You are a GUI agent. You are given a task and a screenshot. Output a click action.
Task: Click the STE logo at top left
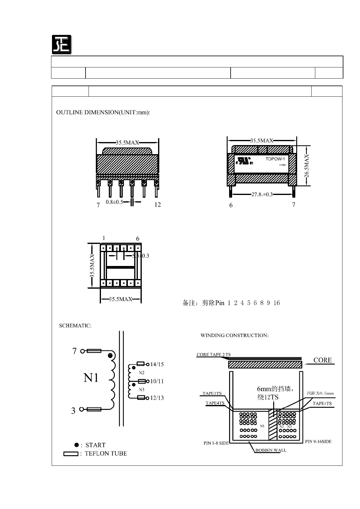[x=61, y=44]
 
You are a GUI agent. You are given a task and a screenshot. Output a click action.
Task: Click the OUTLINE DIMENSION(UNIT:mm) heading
[x=103, y=112]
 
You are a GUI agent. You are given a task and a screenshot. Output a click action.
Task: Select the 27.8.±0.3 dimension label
[x=262, y=194]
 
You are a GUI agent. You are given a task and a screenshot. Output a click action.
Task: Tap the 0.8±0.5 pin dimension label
[x=114, y=202]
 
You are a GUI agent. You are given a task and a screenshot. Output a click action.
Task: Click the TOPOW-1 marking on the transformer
[x=275, y=159]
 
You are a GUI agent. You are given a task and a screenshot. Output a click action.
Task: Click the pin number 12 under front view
[x=157, y=205]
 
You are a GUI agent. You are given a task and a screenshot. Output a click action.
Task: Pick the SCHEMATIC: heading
[x=75, y=326]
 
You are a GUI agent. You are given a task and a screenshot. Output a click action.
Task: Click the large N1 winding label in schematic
[x=91, y=378]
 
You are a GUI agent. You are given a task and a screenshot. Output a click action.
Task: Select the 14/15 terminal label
[x=157, y=364]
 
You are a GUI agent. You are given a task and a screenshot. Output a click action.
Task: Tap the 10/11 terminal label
[x=157, y=381]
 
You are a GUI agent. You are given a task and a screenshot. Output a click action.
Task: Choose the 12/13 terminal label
[x=157, y=398]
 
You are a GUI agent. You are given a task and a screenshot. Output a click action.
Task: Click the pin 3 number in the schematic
[x=73, y=411]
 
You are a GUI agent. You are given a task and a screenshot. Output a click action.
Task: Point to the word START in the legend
[x=96, y=445]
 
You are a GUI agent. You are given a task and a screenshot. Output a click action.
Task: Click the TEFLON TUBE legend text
[x=106, y=453]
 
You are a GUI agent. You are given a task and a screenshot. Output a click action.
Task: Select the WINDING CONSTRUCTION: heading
[x=235, y=335]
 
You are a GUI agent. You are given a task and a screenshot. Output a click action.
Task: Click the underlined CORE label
[x=323, y=360]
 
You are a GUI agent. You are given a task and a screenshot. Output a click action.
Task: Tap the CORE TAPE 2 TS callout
[x=213, y=355]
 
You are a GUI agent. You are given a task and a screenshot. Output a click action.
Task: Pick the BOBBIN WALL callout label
[x=271, y=450]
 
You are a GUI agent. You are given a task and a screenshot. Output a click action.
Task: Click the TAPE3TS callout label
[x=212, y=394]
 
